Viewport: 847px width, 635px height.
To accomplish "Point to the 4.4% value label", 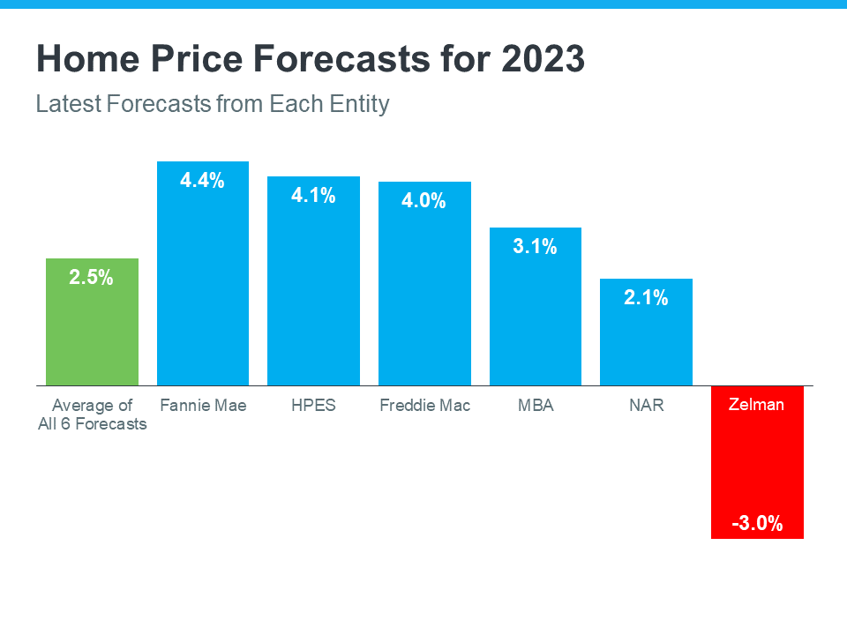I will [x=203, y=181].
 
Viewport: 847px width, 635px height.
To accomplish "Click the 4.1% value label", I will [x=314, y=196].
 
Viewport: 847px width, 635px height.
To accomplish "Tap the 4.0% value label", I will [x=424, y=201].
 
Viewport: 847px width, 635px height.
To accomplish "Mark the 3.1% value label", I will [x=536, y=247].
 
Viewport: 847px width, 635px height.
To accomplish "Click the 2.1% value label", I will [x=647, y=298].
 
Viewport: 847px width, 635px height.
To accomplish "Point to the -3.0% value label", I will [x=757, y=523].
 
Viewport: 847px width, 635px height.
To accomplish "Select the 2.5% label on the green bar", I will [x=92, y=278].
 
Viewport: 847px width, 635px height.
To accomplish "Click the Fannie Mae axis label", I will [x=203, y=406].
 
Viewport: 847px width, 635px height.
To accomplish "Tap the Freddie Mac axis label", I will [x=424, y=406].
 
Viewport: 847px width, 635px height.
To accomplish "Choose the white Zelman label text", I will [x=757, y=405].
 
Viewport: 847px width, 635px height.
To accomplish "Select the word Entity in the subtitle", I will [x=360, y=104].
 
